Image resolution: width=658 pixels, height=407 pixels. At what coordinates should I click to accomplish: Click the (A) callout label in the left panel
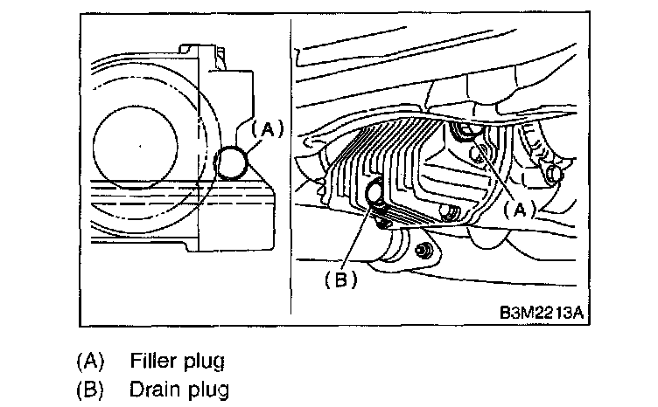268,129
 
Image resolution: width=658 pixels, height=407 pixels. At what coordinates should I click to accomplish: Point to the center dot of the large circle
140,146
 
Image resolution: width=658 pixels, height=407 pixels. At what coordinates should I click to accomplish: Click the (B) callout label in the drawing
340,279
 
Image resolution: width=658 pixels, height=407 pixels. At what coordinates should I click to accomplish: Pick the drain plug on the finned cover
373,193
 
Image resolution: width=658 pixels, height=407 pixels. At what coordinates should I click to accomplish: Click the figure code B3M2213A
542,313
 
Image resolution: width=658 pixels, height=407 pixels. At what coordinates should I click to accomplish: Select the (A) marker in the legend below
90,361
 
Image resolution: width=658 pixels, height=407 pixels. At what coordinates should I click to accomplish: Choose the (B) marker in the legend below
90,389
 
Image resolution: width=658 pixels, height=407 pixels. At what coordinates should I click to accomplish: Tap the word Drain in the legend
154,389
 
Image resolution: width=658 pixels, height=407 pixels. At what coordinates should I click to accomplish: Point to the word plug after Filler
205,362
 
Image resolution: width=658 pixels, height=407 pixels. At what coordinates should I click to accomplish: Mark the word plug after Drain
208,390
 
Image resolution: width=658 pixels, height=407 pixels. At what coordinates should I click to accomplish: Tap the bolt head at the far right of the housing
554,173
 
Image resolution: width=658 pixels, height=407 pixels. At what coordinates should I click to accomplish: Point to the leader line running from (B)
356,237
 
